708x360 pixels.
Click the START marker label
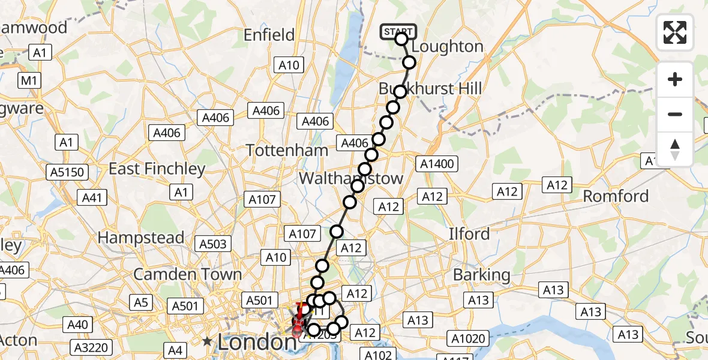(x=398, y=31)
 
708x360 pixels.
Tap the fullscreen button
(x=675, y=32)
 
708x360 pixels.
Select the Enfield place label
(x=269, y=35)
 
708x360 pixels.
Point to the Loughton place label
(x=448, y=47)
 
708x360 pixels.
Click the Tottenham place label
(x=287, y=150)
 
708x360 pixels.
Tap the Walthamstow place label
(x=351, y=178)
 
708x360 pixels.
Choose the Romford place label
(x=616, y=196)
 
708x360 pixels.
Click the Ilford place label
(x=469, y=233)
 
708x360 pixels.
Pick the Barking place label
(x=482, y=275)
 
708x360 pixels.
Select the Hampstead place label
(x=141, y=238)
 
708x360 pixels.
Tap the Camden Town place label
(x=188, y=275)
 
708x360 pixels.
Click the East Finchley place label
(x=157, y=169)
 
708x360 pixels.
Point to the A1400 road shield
(x=437, y=163)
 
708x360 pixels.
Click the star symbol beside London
(x=208, y=341)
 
